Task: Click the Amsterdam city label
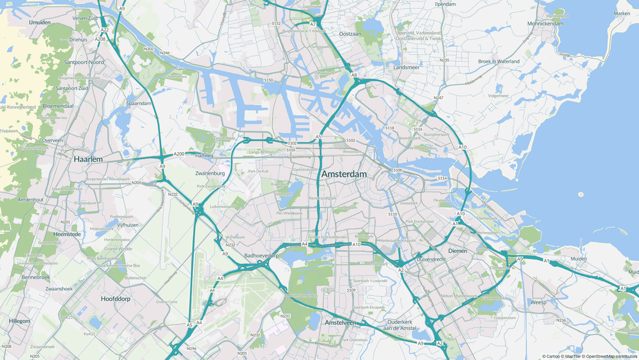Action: tap(344, 175)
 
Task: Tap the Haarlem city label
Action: tap(88, 158)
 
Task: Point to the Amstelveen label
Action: tap(340, 323)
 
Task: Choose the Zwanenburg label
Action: tap(210, 173)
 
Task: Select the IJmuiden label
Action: tap(40, 22)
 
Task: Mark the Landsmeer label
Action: tap(407, 67)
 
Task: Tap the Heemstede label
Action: tap(68, 235)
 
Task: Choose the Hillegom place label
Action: tap(19, 321)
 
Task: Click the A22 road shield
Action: tap(104, 29)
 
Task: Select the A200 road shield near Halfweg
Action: tap(179, 154)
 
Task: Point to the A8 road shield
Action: tap(353, 75)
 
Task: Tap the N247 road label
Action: tap(438, 98)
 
